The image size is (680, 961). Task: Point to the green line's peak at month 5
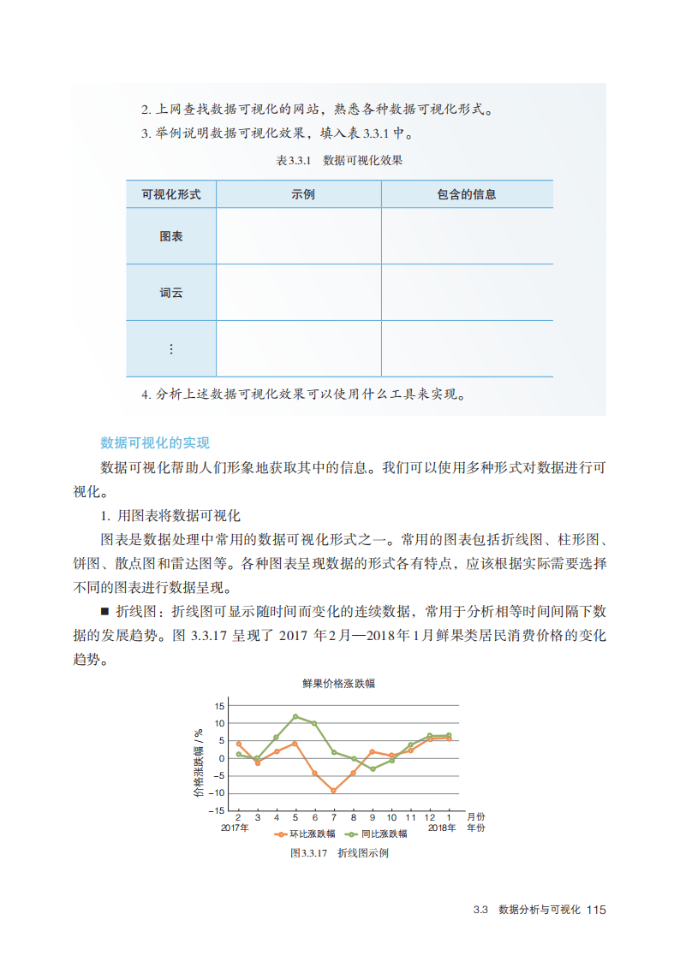point(295,716)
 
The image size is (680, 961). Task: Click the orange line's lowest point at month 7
point(333,791)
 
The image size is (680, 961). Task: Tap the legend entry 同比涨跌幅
point(376,833)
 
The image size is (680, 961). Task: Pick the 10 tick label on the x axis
point(391,817)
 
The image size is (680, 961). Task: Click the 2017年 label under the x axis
point(235,828)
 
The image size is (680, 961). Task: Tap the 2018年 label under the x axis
point(442,828)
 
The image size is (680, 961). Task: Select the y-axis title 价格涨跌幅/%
point(199,762)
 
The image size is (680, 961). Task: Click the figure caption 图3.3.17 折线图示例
point(339,853)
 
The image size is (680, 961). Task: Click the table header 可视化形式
point(171,194)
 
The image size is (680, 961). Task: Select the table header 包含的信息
point(467,194)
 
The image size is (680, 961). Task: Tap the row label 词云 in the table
point(171,293)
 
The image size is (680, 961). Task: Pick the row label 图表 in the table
point(171,236)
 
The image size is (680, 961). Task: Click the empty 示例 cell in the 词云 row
point(298,293)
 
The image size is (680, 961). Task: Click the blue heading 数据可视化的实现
point(154,442)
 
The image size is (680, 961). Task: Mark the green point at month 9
point(373,768)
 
